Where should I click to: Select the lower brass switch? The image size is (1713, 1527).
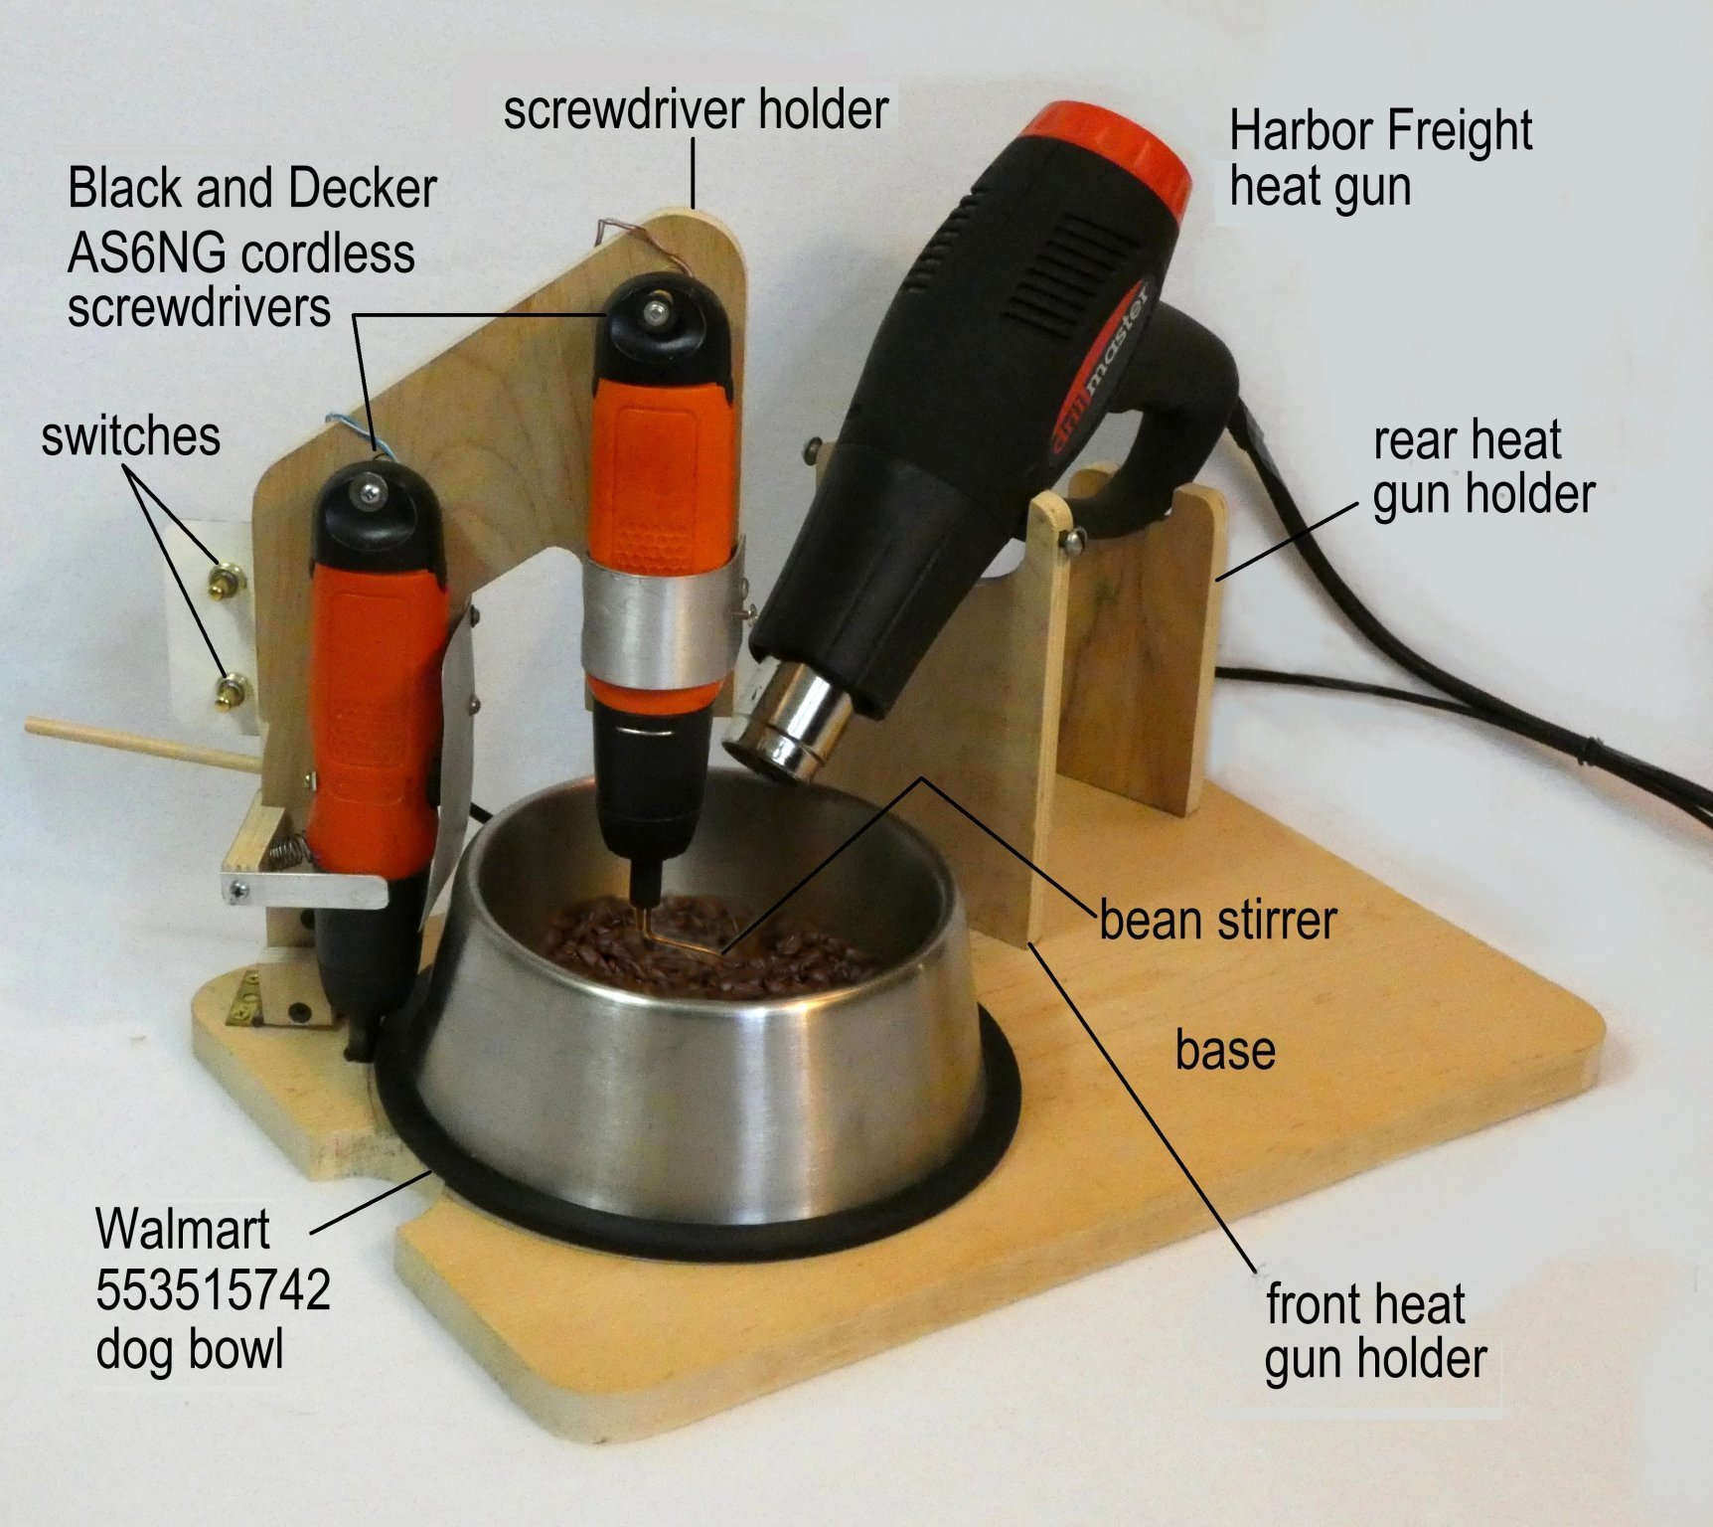click(232, 688)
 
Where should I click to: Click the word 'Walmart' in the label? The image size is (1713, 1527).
click(183, 1229)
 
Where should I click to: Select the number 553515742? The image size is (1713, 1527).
click(213, 1289)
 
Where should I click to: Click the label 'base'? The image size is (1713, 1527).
click(1225, 1051)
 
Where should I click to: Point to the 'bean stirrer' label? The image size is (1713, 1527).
click(1218, 921)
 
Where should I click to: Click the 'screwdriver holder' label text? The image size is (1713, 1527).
click(696, 108)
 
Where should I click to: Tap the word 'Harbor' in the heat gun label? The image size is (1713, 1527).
click(1300, 130)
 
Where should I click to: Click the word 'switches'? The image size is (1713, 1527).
click(130, 436)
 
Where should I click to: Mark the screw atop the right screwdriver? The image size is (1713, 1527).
click(654, 312)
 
